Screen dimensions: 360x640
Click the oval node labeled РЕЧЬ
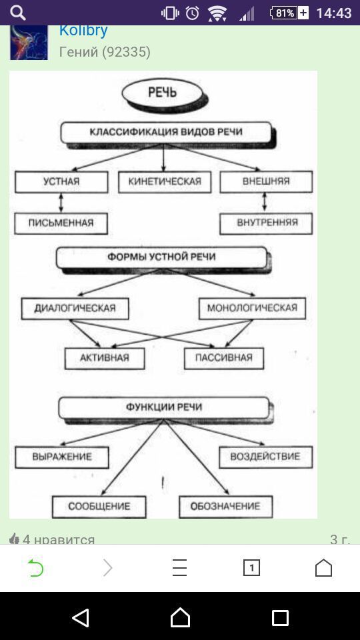pos(163,92)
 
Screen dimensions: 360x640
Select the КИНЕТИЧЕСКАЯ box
pos(165,181)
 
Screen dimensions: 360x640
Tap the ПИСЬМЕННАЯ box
pos(61,223)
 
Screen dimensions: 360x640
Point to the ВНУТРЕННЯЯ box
pos(266,223)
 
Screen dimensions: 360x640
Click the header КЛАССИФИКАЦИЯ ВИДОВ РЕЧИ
pos(166,132)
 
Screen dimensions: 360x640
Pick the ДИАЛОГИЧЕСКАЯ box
pos(75,308)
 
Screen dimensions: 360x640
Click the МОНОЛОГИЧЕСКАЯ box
pos(252,308)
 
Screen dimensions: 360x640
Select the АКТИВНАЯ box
pos(105,359)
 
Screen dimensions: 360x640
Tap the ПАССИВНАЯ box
pos(224,359)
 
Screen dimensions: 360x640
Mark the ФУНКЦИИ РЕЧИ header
pos(164,408)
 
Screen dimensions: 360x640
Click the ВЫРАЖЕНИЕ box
pos(62,457)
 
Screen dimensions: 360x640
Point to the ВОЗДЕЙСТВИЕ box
pos(266,457)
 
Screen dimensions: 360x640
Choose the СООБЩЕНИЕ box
pos(99,507)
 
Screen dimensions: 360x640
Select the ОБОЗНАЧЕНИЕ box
pos(226,507)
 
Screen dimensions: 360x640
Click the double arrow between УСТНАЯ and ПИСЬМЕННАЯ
pos(61,203)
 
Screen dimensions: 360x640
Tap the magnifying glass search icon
pos(18,13)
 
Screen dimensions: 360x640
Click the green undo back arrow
pos(35,567)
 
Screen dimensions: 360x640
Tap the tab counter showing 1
pos(251,568)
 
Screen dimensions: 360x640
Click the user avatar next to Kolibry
pos(29,43)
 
